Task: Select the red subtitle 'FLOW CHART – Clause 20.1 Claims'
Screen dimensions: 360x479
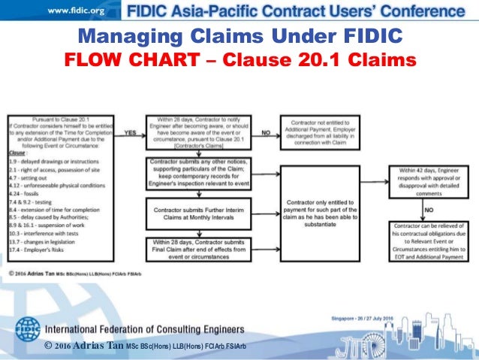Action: tap(240, 59)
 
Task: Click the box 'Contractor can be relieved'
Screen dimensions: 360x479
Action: tap(426, 242)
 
